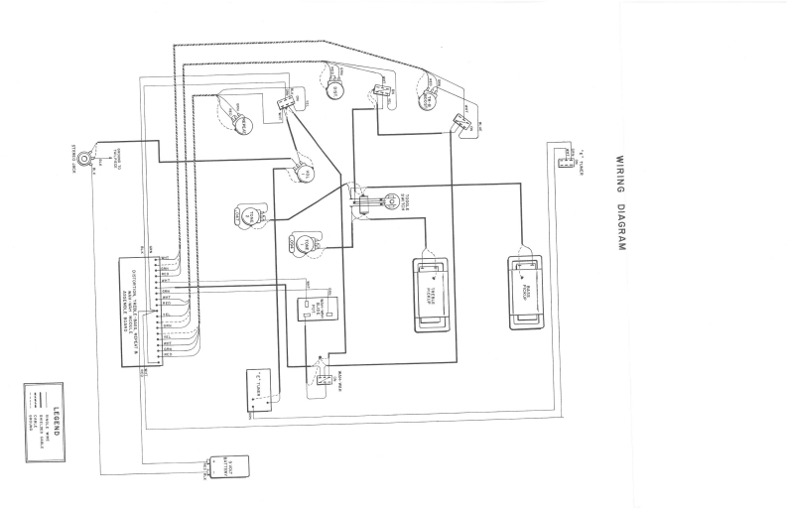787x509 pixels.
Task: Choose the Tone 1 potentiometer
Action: coord(303,242)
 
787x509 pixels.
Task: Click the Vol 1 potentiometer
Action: coord(303,175)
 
